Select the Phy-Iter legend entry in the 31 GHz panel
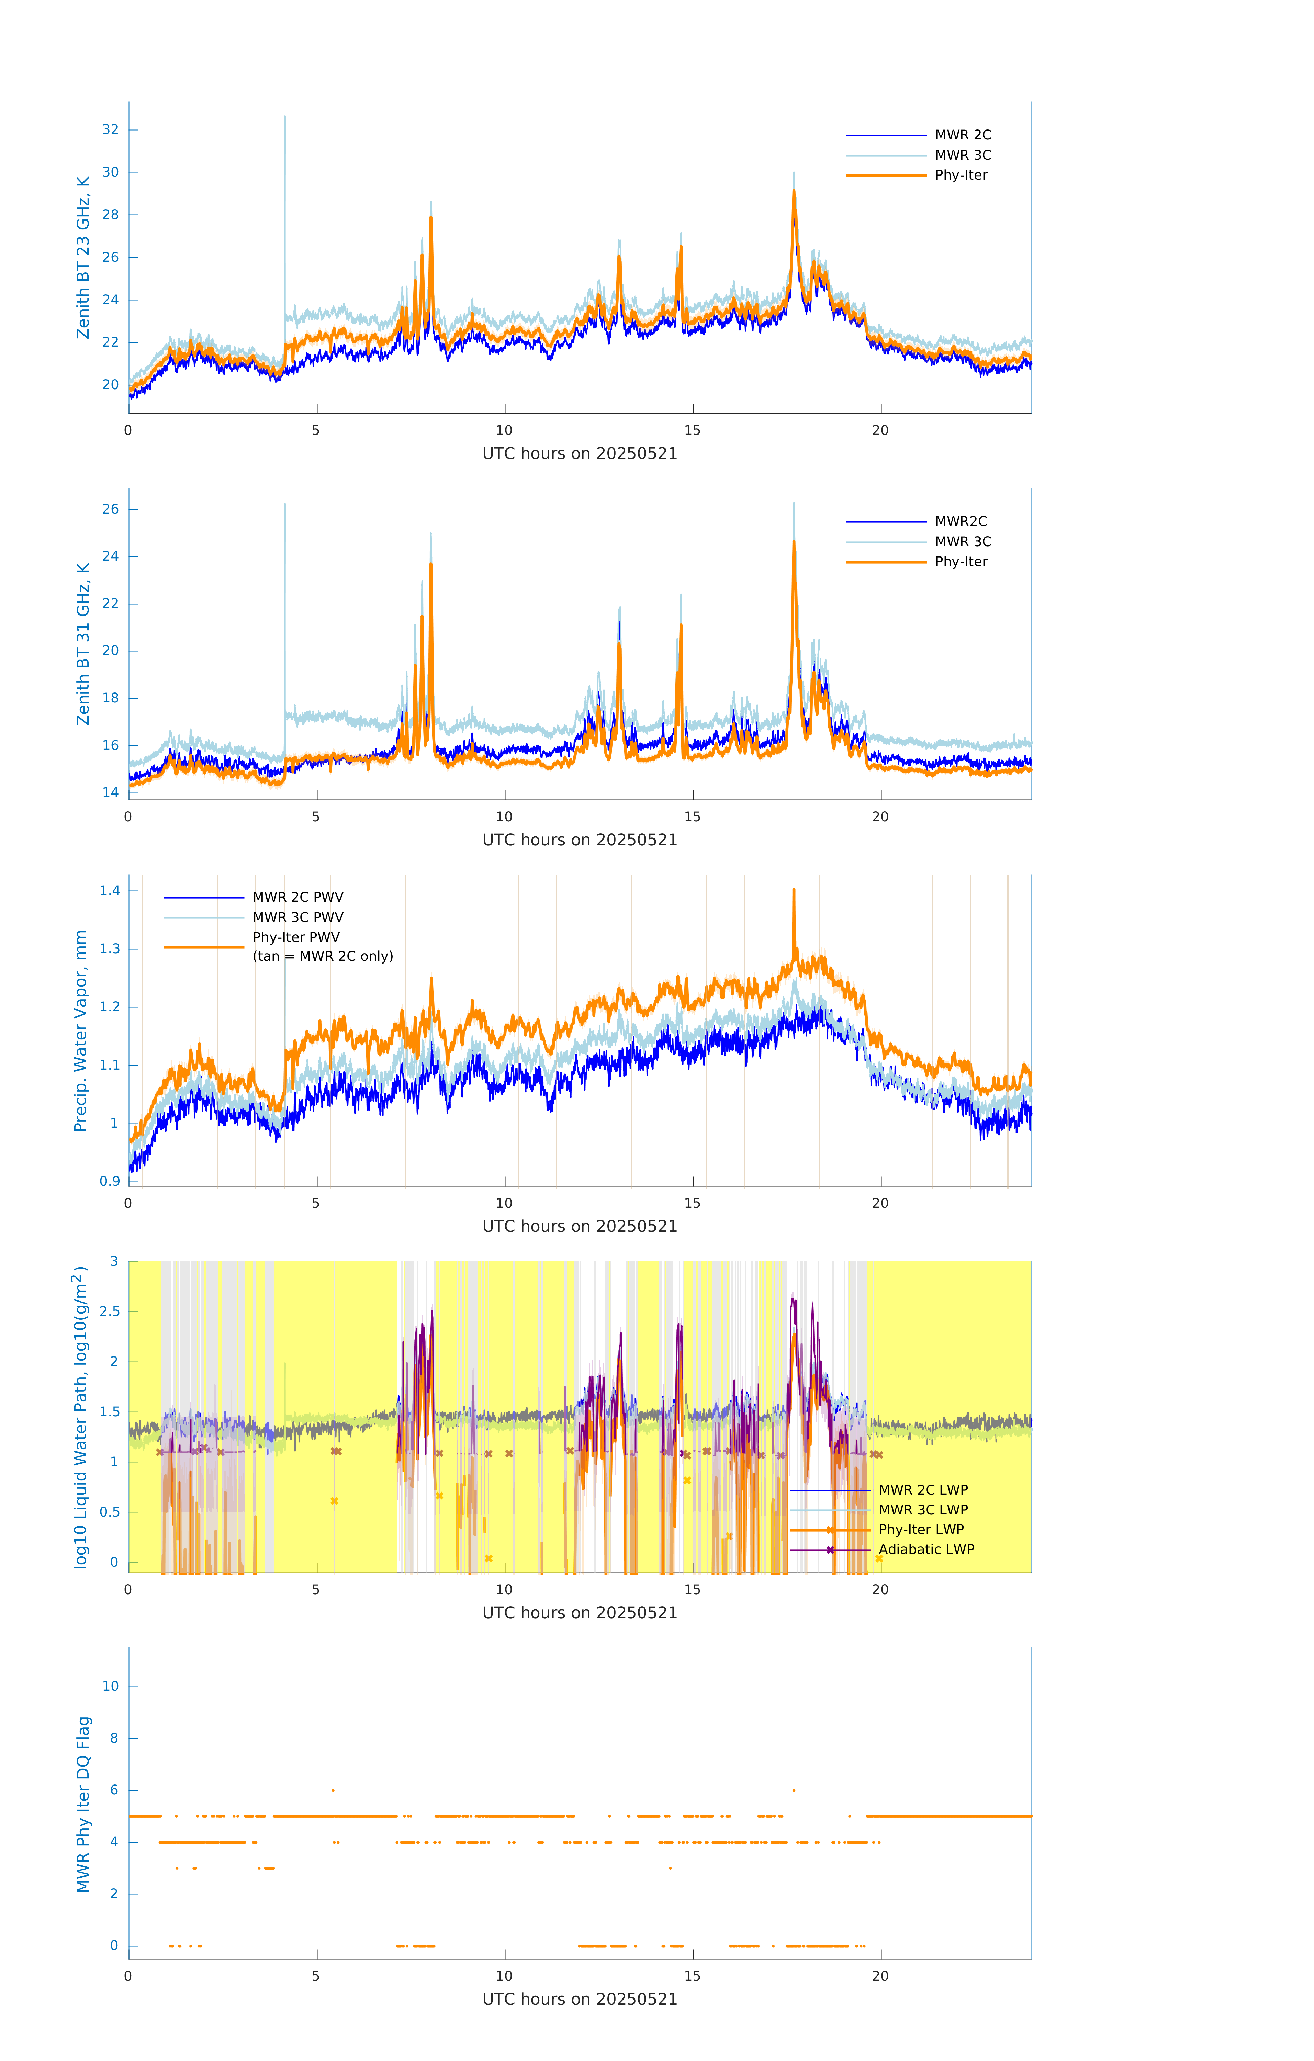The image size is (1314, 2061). (x=961, y=562)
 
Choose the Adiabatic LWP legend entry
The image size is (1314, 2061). (x=926, y=1549)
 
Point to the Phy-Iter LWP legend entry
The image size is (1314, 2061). (x=921, y=1530)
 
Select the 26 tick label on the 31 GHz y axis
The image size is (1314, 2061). (x=110, y=509)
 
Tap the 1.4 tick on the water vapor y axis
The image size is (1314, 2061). (x=110, y=891)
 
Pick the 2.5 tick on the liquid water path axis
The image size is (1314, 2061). (x=110, y=1311)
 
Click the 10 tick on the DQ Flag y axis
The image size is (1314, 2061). (x=110, y=1686)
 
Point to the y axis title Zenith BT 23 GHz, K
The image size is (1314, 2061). (x=83, y=258)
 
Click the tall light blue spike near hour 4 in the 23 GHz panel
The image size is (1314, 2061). (x=285, y=120)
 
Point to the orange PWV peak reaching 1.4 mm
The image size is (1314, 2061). (x=794, y=892)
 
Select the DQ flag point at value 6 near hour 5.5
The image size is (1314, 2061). (x=333, y=1790)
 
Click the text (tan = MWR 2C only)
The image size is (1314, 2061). (x=323, y=956)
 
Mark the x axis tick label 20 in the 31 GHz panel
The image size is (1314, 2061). (x=880, y=816)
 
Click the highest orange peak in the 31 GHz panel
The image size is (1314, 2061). (x=794, y=543)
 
